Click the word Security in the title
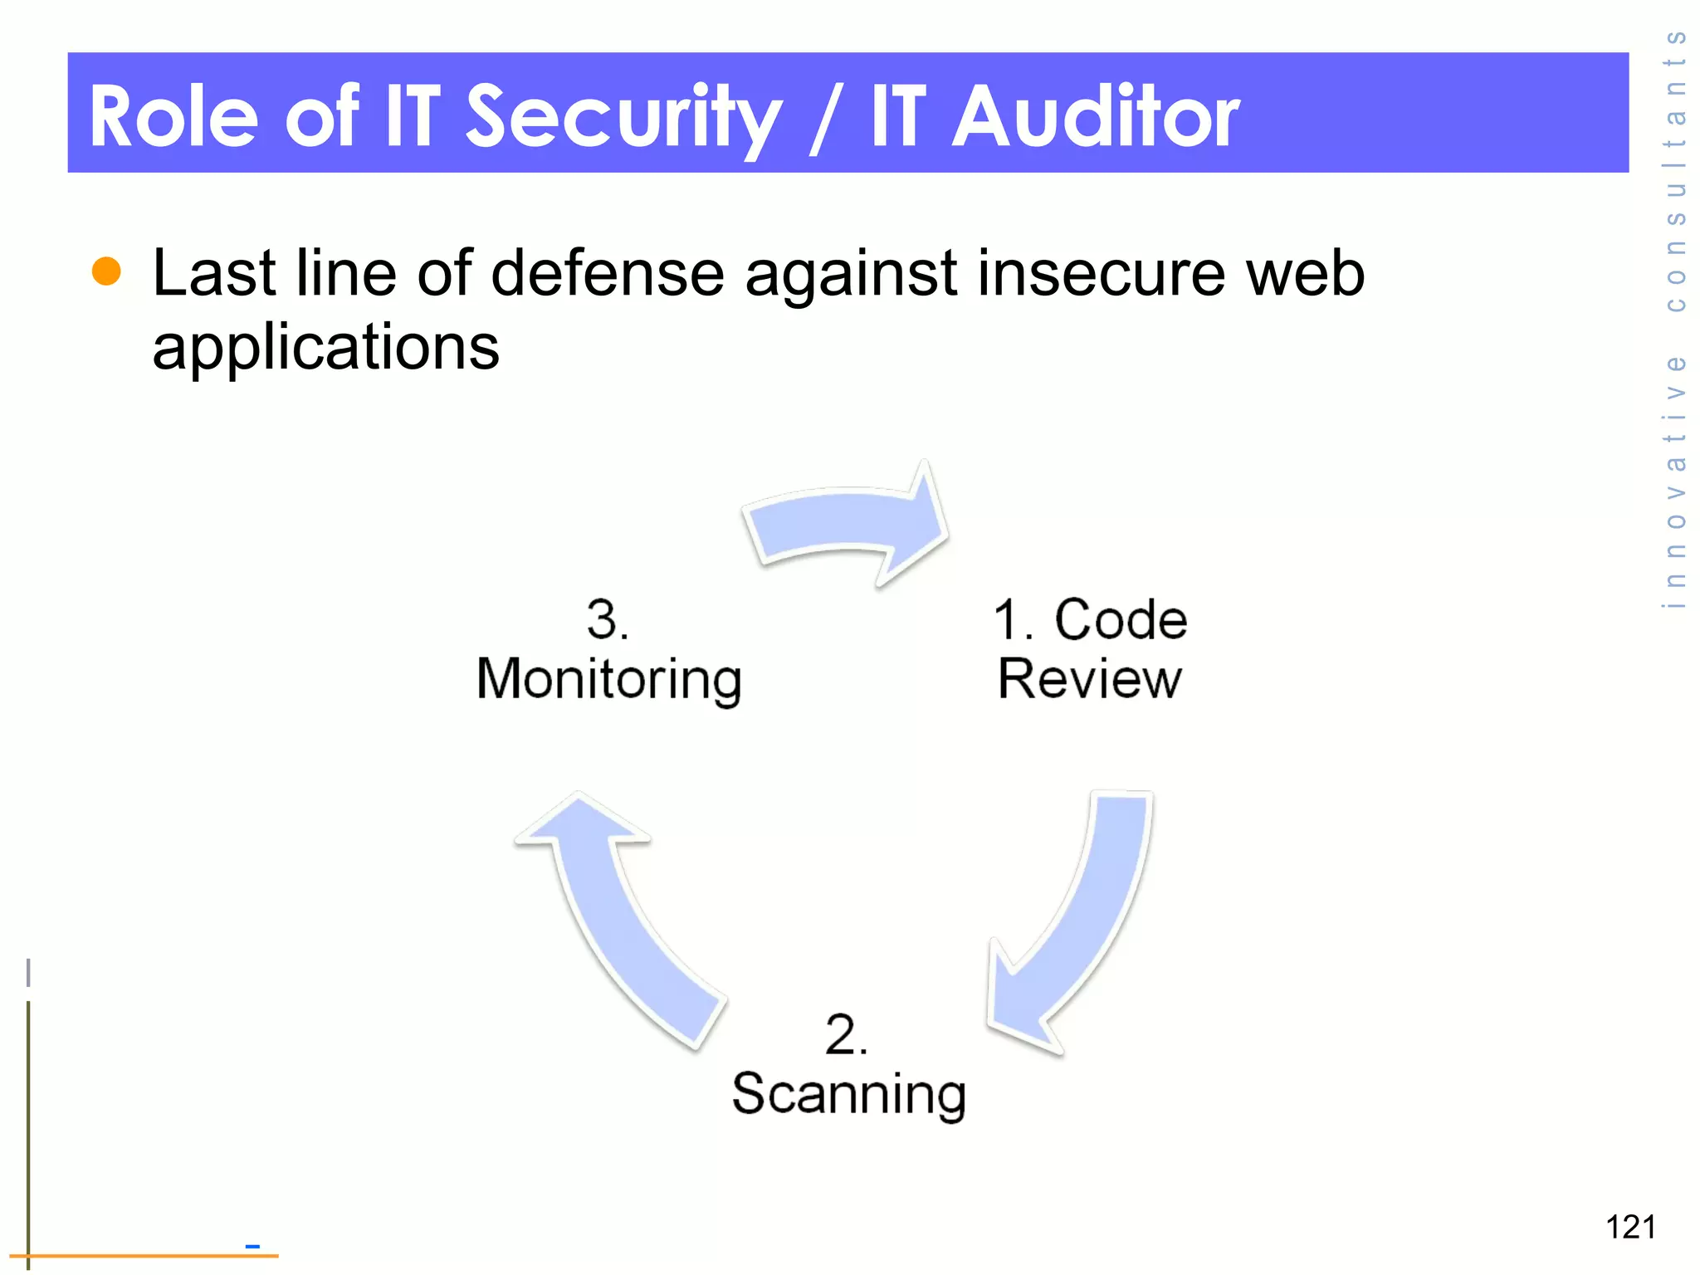pos(623,118)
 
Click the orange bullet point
pos(106,271)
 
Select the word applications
pos(325,347)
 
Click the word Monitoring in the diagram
pos(608,680)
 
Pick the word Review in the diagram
pos(1089,680)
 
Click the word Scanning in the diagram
pos(848,1094)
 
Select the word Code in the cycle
pos(1121,620)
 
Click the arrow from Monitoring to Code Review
pos(847,523)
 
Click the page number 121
pos(1630,1227)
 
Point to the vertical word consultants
pos(1676,170)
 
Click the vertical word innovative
pos(1676,481)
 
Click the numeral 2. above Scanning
pos(846,1034)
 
